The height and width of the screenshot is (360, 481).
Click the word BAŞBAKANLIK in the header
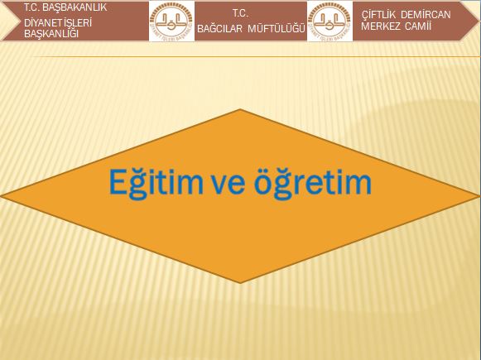pos(75,7)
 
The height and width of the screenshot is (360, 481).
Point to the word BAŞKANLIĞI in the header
pos(51,33)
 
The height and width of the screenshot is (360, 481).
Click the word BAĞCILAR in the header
pos(219,28)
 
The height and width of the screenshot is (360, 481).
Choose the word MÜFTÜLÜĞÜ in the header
pos(277,28)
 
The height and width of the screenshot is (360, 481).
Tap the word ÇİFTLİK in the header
pos(378,15)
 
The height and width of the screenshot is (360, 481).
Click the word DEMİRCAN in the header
pos(426,15)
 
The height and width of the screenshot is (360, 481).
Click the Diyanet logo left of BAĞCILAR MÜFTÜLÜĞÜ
pos(171,21)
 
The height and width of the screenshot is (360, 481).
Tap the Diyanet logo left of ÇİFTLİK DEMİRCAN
pos(330,21)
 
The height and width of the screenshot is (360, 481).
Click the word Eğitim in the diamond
pos(156,183)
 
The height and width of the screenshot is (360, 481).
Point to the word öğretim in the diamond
pos(313,183)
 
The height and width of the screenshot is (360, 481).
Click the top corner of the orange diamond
pos(240,109)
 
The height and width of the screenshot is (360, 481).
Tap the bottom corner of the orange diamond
pos(240,283)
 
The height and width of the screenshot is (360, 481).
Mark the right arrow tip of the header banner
pos(479,21)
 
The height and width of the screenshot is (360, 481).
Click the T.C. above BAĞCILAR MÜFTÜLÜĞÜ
pos(240,13)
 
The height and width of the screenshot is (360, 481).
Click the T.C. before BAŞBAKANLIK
pos(32,7)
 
